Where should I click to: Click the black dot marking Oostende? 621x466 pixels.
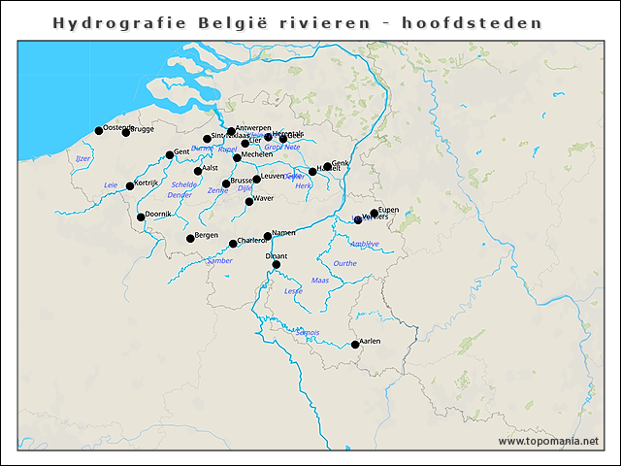pyautogui.click(x=99, y=130)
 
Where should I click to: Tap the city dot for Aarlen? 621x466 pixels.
pyautogui.click(x=355, y=345)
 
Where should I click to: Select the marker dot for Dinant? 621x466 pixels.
pyautogui.click(x=277, y=264)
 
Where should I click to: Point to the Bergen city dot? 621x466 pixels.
pyautogui.click(x=190, y=238)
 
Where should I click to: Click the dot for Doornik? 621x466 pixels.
pyautogui.click(x=142, y=216)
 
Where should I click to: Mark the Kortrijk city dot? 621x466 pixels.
pyautogui.click(x=130, y=185)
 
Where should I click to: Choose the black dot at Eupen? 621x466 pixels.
pyautogui.click(x=375, y=213)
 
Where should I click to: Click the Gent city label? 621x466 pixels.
pyautogui.click(x=181, y=151)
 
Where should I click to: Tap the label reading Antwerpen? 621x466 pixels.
pyautogui.click(x=252, y=127)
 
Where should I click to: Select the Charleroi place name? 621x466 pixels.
pyautogui.click(x=252, y=240)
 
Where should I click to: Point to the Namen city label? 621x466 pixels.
pyautogui.click(x=283, y=232)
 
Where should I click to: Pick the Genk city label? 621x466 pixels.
pyautogui.click(x=341, y=163)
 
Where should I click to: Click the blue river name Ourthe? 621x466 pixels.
pyautogui.click(x=344, y=263)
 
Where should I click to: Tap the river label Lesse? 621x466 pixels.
pyautogui.click(x=293, y=290)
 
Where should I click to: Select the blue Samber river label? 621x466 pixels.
pyautogui.click(x=220, y=260)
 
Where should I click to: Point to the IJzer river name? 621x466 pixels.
pyautogui.click(x=83, y=157)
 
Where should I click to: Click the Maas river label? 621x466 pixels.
pyautogui.click(x=320, y=280)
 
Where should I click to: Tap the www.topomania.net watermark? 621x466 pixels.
pyautogui.click(x=548, y=441)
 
